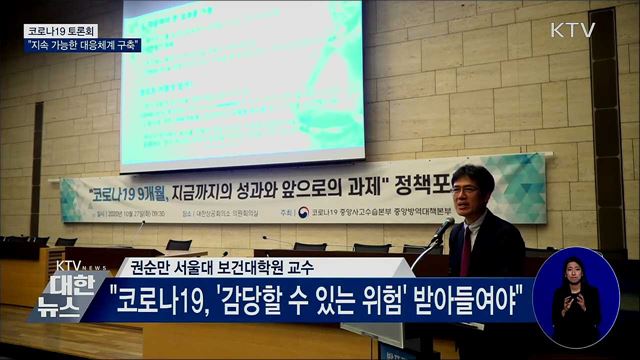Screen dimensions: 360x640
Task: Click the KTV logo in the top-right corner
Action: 573,30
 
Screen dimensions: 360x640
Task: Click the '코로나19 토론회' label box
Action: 61,31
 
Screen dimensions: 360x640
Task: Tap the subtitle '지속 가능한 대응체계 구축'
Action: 83,45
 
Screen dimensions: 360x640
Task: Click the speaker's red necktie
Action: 466,251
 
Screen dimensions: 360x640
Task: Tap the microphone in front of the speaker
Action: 441,230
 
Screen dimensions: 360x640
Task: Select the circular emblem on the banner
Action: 303,212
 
